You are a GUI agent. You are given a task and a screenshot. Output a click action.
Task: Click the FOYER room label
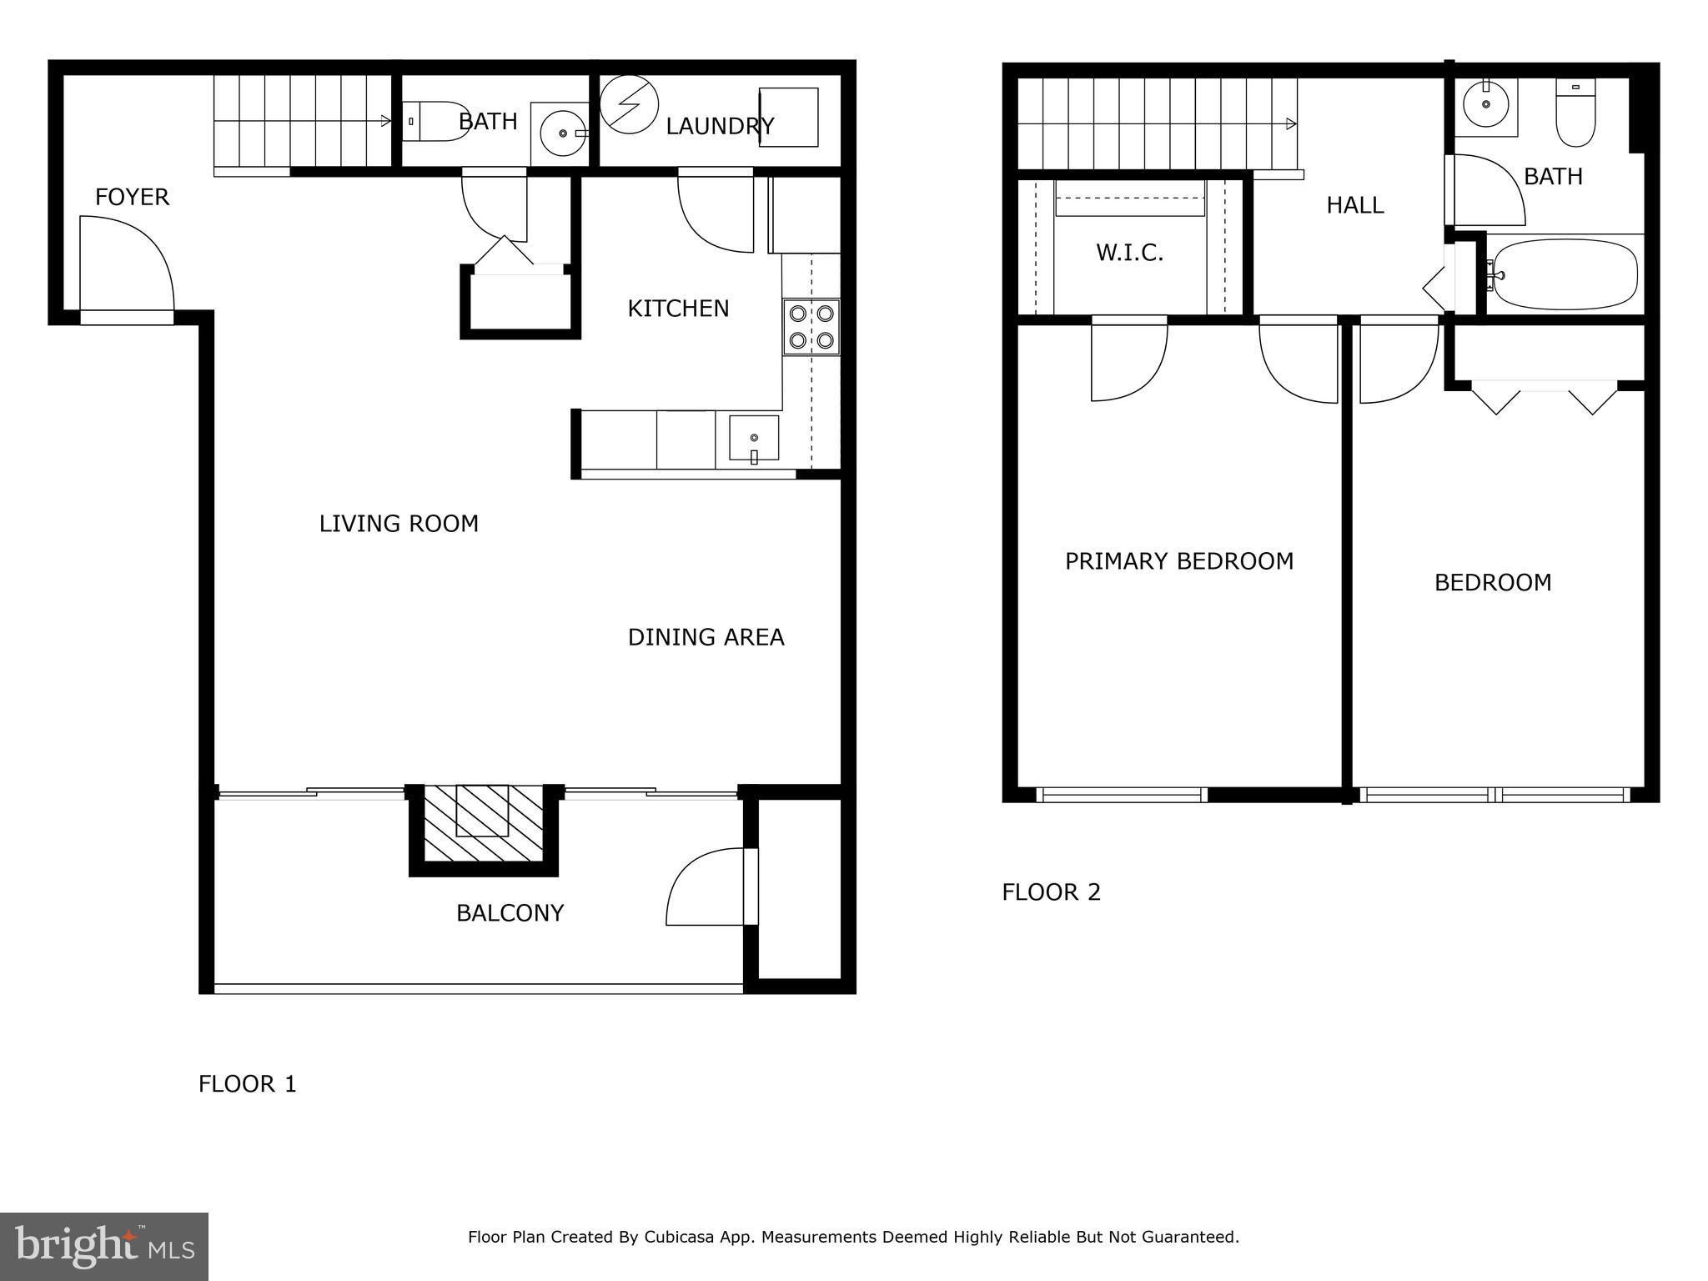[132, 197]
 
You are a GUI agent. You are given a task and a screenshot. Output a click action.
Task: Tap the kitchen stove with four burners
[811, 327]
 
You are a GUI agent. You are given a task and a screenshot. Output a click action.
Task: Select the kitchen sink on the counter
[754, 439]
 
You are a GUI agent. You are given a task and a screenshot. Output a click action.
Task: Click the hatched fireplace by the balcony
[483, 823]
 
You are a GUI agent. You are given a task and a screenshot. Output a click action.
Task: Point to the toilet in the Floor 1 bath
[434, 122]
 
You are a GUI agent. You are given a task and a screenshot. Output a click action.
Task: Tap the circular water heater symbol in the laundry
[629, 104]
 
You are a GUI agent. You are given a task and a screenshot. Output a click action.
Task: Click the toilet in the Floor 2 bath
[1575, 114]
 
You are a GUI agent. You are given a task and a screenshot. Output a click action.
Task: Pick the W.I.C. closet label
[1129, 253]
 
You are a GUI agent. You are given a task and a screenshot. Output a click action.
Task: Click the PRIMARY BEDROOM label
[1178, 561]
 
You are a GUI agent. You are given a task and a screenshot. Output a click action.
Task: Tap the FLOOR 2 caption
[1051, 892]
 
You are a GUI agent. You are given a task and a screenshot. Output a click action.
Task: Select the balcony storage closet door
[709, 887]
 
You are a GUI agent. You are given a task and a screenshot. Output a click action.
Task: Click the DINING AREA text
[706, 637]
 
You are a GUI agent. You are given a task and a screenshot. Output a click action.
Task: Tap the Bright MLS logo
[104, 1247]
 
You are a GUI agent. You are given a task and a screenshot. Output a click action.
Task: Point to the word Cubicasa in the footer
[677, 1237]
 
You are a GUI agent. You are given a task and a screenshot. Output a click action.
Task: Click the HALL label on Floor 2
[1354, 205]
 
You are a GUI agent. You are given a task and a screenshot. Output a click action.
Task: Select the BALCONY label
[510, 913]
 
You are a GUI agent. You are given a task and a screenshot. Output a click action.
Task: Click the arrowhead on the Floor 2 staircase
[1291, 124]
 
